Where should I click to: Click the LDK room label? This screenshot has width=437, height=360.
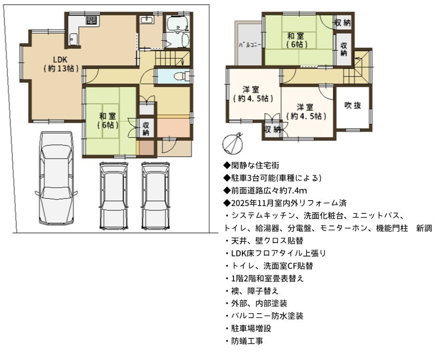point(60,64)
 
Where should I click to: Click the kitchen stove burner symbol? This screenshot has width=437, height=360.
point(92,20)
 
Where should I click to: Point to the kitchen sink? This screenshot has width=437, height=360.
point(73,39)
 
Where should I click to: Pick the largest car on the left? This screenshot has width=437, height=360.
point(56,178)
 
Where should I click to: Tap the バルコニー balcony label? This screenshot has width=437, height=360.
point(250,45)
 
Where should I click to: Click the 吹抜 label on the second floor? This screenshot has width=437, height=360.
point(353,105)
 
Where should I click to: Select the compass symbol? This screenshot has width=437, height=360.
point(233,143)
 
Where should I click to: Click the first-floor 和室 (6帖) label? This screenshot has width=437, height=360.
point(108,120)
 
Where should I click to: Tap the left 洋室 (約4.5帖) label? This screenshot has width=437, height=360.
point(252,94)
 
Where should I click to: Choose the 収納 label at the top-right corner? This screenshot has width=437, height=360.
point(343,22)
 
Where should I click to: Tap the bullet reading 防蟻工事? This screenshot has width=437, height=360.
point(244,341)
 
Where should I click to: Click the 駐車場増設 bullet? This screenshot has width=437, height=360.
point(248,329)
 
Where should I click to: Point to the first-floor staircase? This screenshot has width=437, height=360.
point(172,59)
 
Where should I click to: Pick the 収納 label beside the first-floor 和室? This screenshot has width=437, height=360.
point(146,128)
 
